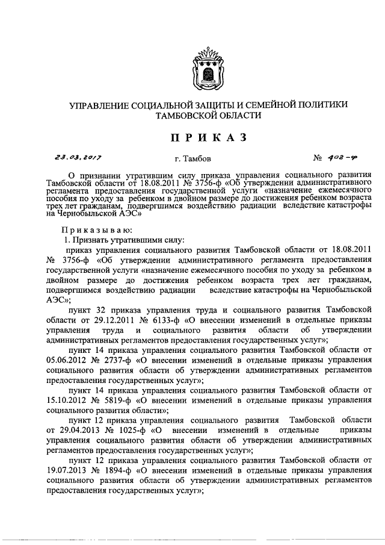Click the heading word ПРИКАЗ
pos(208,137)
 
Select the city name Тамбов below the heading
pos(193,160)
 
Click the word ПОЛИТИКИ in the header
pos(321,105)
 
